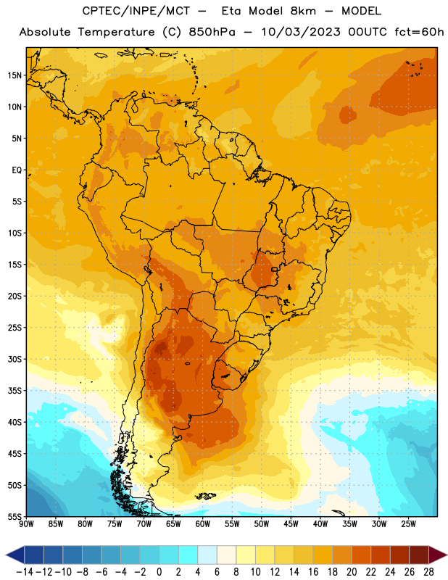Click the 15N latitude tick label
click(x=14, y=75)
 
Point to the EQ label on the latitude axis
click(x=17, y=170)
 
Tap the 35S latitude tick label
click(x=14, y=391)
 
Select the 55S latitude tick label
click(x=14, y=516)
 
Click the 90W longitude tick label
click(x=26, y=523)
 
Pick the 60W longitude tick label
click(x=203, y=523)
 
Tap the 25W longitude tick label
click(x=408, y=523)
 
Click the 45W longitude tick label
click(x=291, y=523)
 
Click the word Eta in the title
click(x=231, y=11)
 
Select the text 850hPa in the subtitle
click(x=212, y=32)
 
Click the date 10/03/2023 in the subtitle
click(x=301, y=32)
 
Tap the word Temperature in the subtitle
click(x=116, y=32)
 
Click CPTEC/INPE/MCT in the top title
click(x=136, y=11)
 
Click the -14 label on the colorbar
click(x=25, y=572)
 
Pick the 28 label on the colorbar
click(x=428, y=572)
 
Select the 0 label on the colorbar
click(x=159, y=572)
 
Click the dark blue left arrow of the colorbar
click(x=14, y=555)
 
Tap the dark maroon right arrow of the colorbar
click(x=438, y=555)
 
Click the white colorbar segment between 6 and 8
click(x=226, y=555)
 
